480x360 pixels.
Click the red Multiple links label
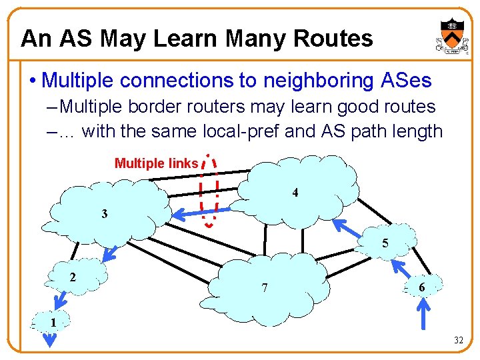(x=156, y=163)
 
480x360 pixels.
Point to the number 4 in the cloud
(x=294, y=193)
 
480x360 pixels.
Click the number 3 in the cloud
(x=104, y=214)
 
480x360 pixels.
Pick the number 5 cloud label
(x=385, y=243)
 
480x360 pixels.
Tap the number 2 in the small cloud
(x=73, y=277)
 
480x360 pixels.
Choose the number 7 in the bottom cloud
(x=265, y=288)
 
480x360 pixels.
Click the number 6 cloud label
(x=422, y=287)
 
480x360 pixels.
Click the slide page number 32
(x=459, y=341)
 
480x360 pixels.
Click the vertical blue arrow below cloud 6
(x=423, y=313)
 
